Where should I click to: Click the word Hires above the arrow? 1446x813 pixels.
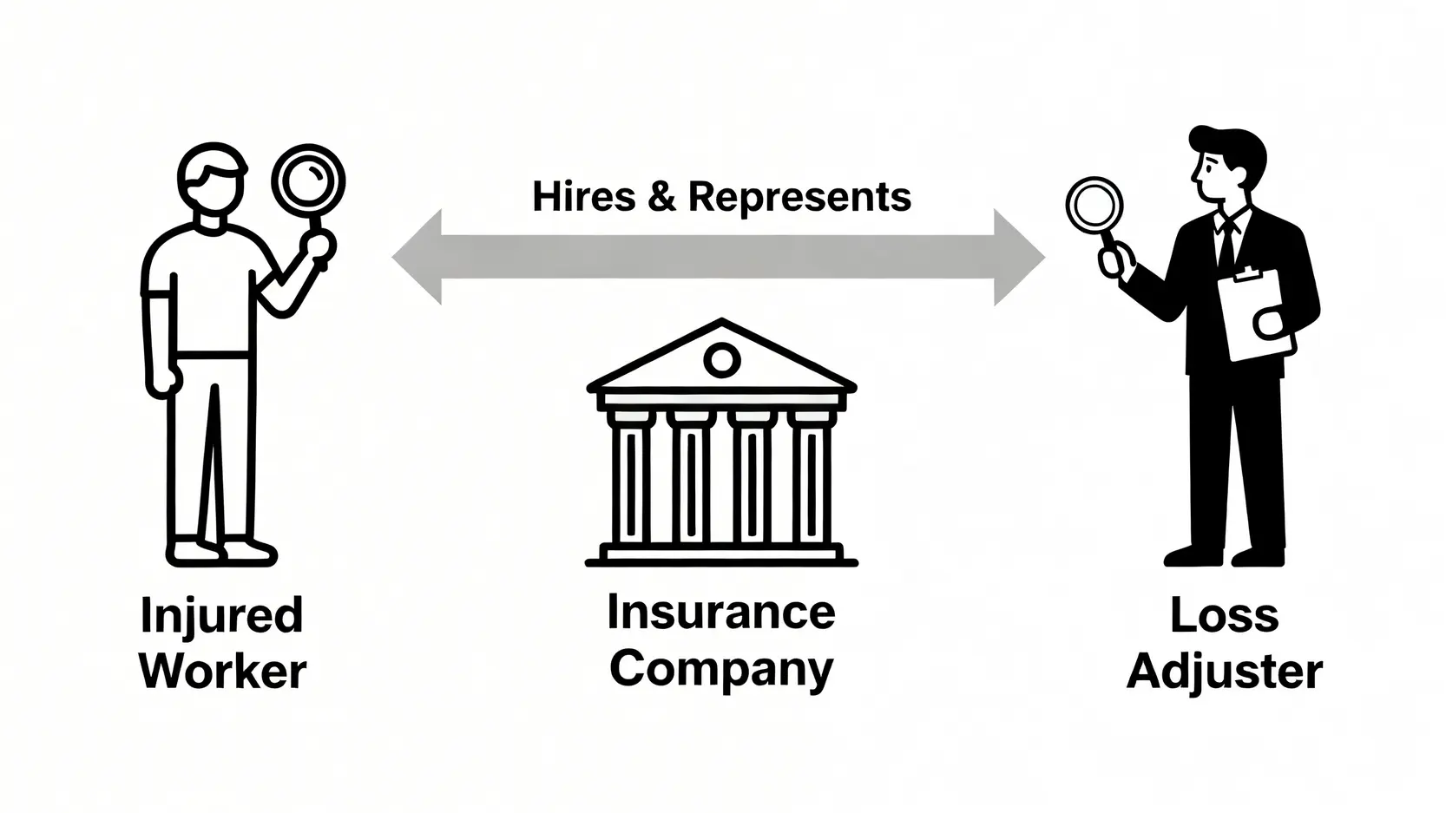tap(584, 197)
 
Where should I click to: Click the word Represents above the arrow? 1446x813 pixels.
tap(799, 197)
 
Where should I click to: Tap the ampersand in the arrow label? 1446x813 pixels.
tap(661, 197)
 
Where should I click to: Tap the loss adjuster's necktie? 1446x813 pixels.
tap(1226, 243)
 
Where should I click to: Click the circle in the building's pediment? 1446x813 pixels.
tap(721, 359)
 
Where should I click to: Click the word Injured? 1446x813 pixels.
tap(222, 616)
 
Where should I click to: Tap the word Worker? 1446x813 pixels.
tap(223, 672)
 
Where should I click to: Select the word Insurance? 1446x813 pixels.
tap(720, 613)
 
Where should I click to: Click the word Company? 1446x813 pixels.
tap(720, 670)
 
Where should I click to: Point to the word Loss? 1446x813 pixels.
tap(1224, 616)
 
